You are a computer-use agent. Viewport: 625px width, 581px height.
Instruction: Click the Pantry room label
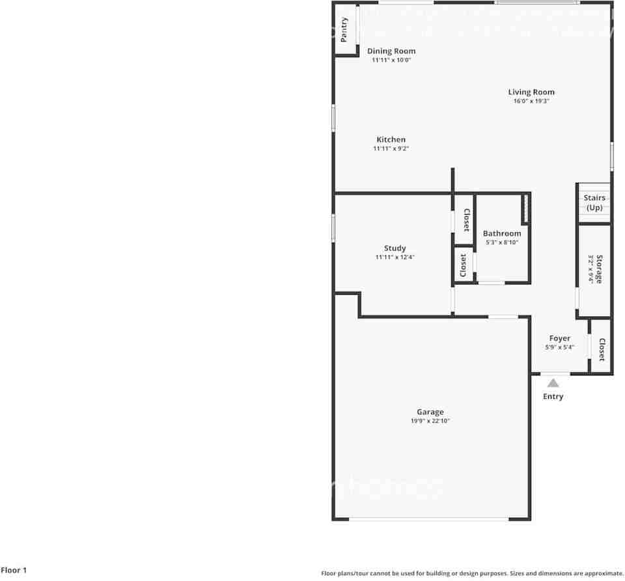(x=344, y=29)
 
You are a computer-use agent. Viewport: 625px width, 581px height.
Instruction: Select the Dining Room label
(x=391, y=51)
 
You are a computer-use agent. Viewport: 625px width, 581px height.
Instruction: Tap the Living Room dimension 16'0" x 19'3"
(x=531, y=101)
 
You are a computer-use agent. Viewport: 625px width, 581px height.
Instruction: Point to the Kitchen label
(x=391, y=139)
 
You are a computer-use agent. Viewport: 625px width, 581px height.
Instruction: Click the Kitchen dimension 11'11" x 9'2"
(x=391, y=149)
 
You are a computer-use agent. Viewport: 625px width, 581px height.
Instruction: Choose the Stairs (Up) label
(x=594, y=202)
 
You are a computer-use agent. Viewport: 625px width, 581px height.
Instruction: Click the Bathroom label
(x=502, y=233)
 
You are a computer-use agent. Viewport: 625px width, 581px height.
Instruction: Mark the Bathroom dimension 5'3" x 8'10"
(x=502, y=243)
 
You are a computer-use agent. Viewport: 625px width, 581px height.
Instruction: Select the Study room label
(x=395, y=248)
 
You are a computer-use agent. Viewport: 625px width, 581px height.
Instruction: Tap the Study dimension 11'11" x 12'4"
(x=395, y=258)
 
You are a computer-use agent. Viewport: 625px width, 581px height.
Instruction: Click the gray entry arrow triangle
(x=553, y=383)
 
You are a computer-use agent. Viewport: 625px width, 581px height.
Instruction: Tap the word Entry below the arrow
(x=553, y=396)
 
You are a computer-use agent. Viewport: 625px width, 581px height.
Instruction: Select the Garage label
(x=430, y=411)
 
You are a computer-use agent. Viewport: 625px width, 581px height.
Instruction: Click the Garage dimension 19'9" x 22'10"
(x=430, y=421)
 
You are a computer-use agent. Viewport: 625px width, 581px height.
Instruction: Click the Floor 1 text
(x=14, y=570)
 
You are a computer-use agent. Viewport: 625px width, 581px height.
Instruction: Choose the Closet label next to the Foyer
(x=602, y=349)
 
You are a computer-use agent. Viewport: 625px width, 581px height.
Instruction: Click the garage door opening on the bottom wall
(x=429, y=519)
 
